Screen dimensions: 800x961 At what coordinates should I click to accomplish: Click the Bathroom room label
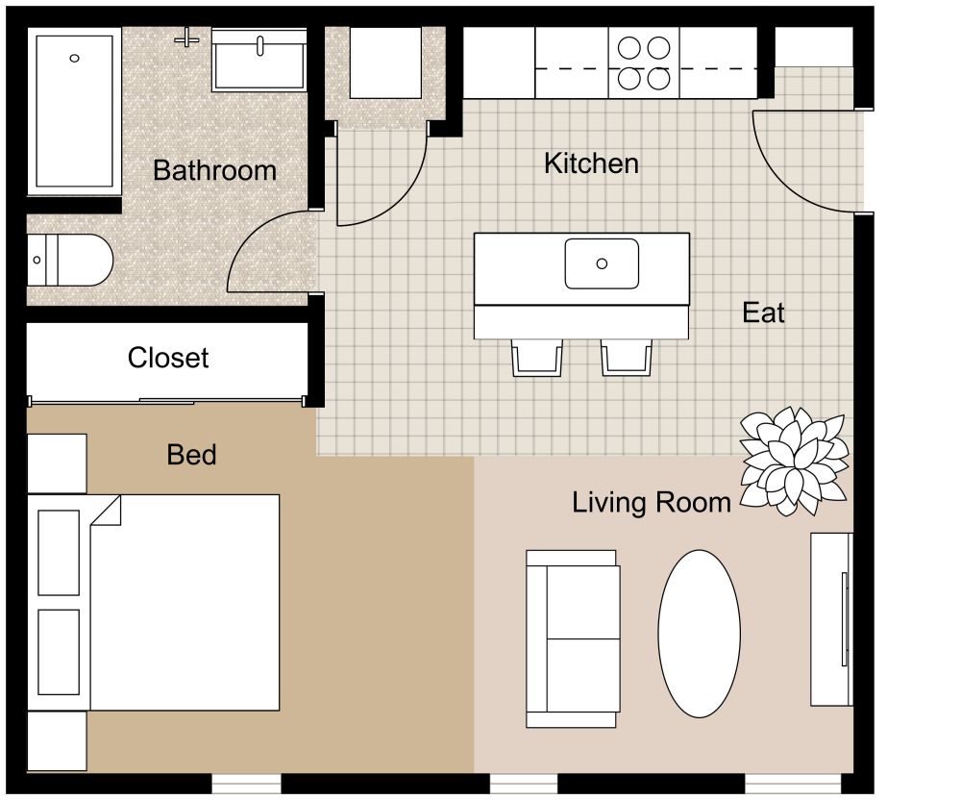point(214,171)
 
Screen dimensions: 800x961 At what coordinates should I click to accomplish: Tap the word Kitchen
point(591,163)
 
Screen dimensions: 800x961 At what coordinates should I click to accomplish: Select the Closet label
point(168,359)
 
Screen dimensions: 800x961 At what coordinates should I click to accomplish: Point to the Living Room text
point(652,502)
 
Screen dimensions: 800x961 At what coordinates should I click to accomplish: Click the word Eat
point(763,312)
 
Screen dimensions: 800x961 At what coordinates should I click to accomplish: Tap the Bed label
point(191,455)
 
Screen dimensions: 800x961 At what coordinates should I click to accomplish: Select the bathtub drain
point(75,59)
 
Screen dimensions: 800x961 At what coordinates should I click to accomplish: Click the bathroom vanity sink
point(259,59)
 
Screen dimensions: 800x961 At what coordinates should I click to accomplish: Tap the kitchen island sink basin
point(602,263)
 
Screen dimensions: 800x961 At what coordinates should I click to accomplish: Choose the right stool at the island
point(627,357)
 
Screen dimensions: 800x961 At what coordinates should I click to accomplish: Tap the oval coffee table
point(699,634)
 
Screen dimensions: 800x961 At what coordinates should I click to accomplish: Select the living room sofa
point(573,638)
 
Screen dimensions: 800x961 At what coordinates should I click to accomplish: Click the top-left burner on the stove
point(629,47)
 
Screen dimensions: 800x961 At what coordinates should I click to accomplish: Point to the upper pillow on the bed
point(58,552)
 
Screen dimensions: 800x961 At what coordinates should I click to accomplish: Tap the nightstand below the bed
point(57,740)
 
